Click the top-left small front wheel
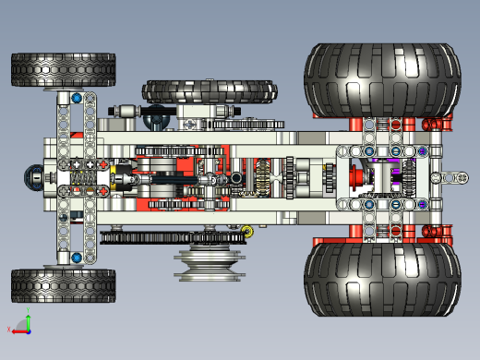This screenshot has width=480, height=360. click(63, 69)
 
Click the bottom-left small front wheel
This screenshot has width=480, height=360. click(63, 285)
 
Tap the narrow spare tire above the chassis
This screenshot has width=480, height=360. click(210, 91)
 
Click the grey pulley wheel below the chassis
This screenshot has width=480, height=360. click(210, 263)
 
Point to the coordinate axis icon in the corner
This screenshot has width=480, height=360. click(20, 325)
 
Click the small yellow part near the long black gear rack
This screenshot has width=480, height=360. click(247, 231)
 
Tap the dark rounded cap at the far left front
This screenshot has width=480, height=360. click(35, 176)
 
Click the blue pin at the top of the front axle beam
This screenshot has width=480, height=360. click(76, 97)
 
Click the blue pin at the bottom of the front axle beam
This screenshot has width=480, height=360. click(76, 258)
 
